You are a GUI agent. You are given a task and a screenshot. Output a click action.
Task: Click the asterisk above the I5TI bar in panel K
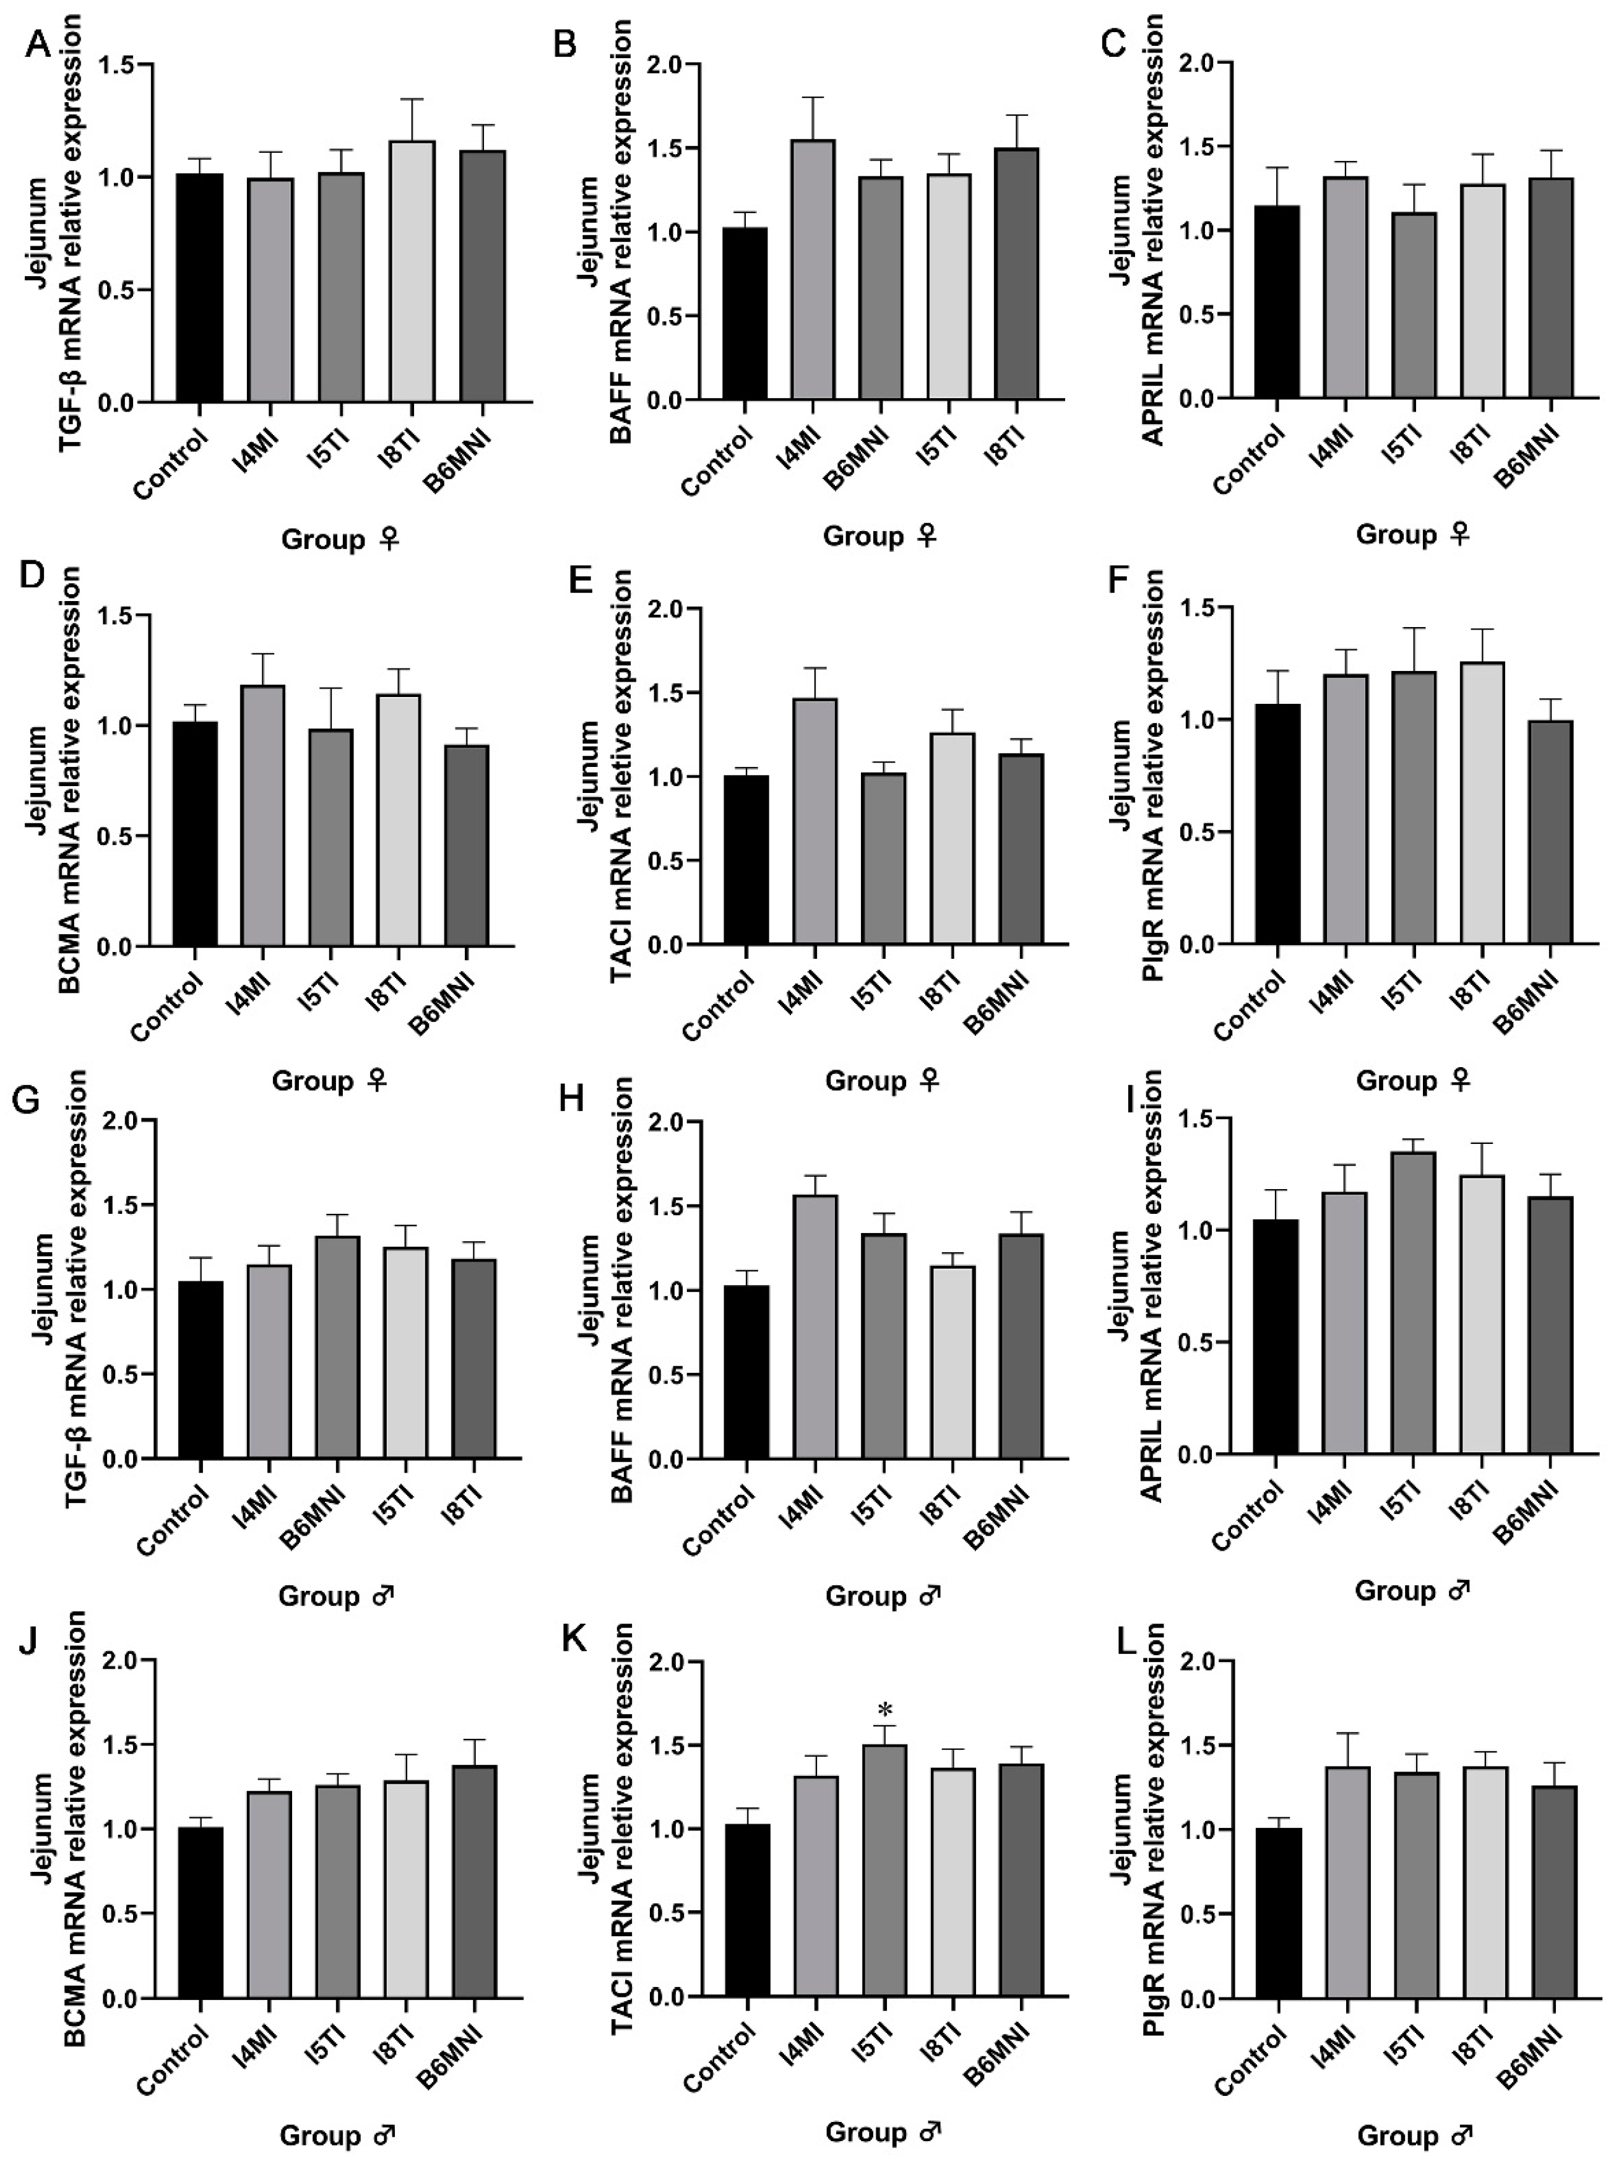tap(884, 1710)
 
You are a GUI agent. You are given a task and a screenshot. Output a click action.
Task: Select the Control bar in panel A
tap(199, 288)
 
